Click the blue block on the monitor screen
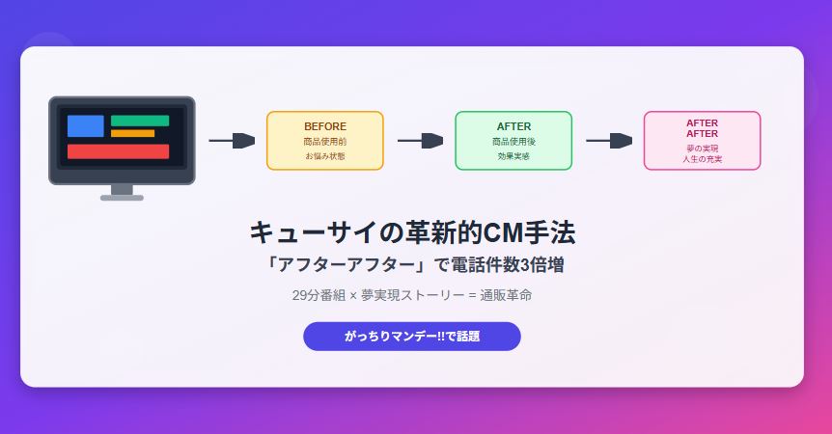86,125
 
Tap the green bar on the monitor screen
140,121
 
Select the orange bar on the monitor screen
132,133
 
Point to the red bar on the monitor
119,151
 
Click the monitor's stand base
122,198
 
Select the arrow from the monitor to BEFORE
232,141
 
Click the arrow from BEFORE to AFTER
420,141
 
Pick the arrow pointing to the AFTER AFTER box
609,141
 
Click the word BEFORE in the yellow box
325,126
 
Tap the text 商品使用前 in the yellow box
325,142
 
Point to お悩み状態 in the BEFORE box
325,156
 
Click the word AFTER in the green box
513,126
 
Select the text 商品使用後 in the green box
513,142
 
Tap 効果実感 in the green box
513,156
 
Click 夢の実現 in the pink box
703,149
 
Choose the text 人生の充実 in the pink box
703,159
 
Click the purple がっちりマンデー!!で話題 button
412,336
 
